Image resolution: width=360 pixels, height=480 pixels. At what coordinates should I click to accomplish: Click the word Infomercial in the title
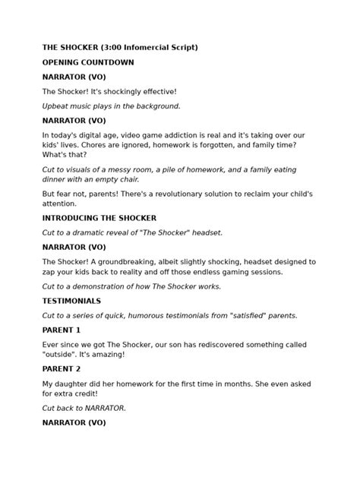point(144,48)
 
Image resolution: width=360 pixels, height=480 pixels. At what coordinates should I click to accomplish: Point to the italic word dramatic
point(81,232)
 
